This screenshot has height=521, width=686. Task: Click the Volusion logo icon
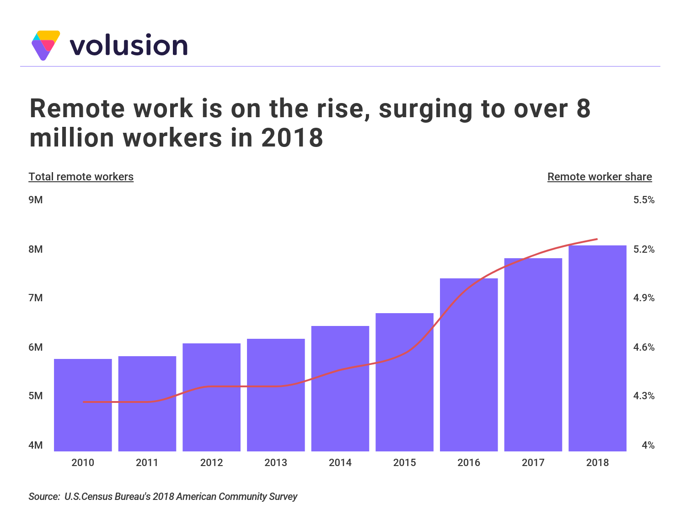[46, 45]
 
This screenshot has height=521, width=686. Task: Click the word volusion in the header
[129, 45]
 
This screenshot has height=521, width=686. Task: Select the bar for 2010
[83, 405]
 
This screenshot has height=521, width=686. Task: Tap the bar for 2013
[276, 395]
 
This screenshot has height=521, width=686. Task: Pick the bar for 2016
[469, 364]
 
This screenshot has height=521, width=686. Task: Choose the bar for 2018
[597, 348]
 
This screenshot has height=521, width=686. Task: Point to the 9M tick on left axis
[36, 200]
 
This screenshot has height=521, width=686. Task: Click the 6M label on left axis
[36, 347]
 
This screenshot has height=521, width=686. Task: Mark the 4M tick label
[36, 445]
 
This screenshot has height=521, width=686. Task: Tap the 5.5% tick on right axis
[643, 200]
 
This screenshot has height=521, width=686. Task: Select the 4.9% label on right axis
[643, 298]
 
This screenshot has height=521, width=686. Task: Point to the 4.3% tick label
[643, 396]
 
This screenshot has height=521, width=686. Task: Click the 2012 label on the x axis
[211, 463]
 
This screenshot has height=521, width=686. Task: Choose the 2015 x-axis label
[404, 463]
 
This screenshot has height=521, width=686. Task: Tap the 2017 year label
[533, 463]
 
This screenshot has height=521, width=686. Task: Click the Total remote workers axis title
[81, 177]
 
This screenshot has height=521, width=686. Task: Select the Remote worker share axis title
[600, 177]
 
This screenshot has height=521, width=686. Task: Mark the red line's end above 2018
[597, 239]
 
